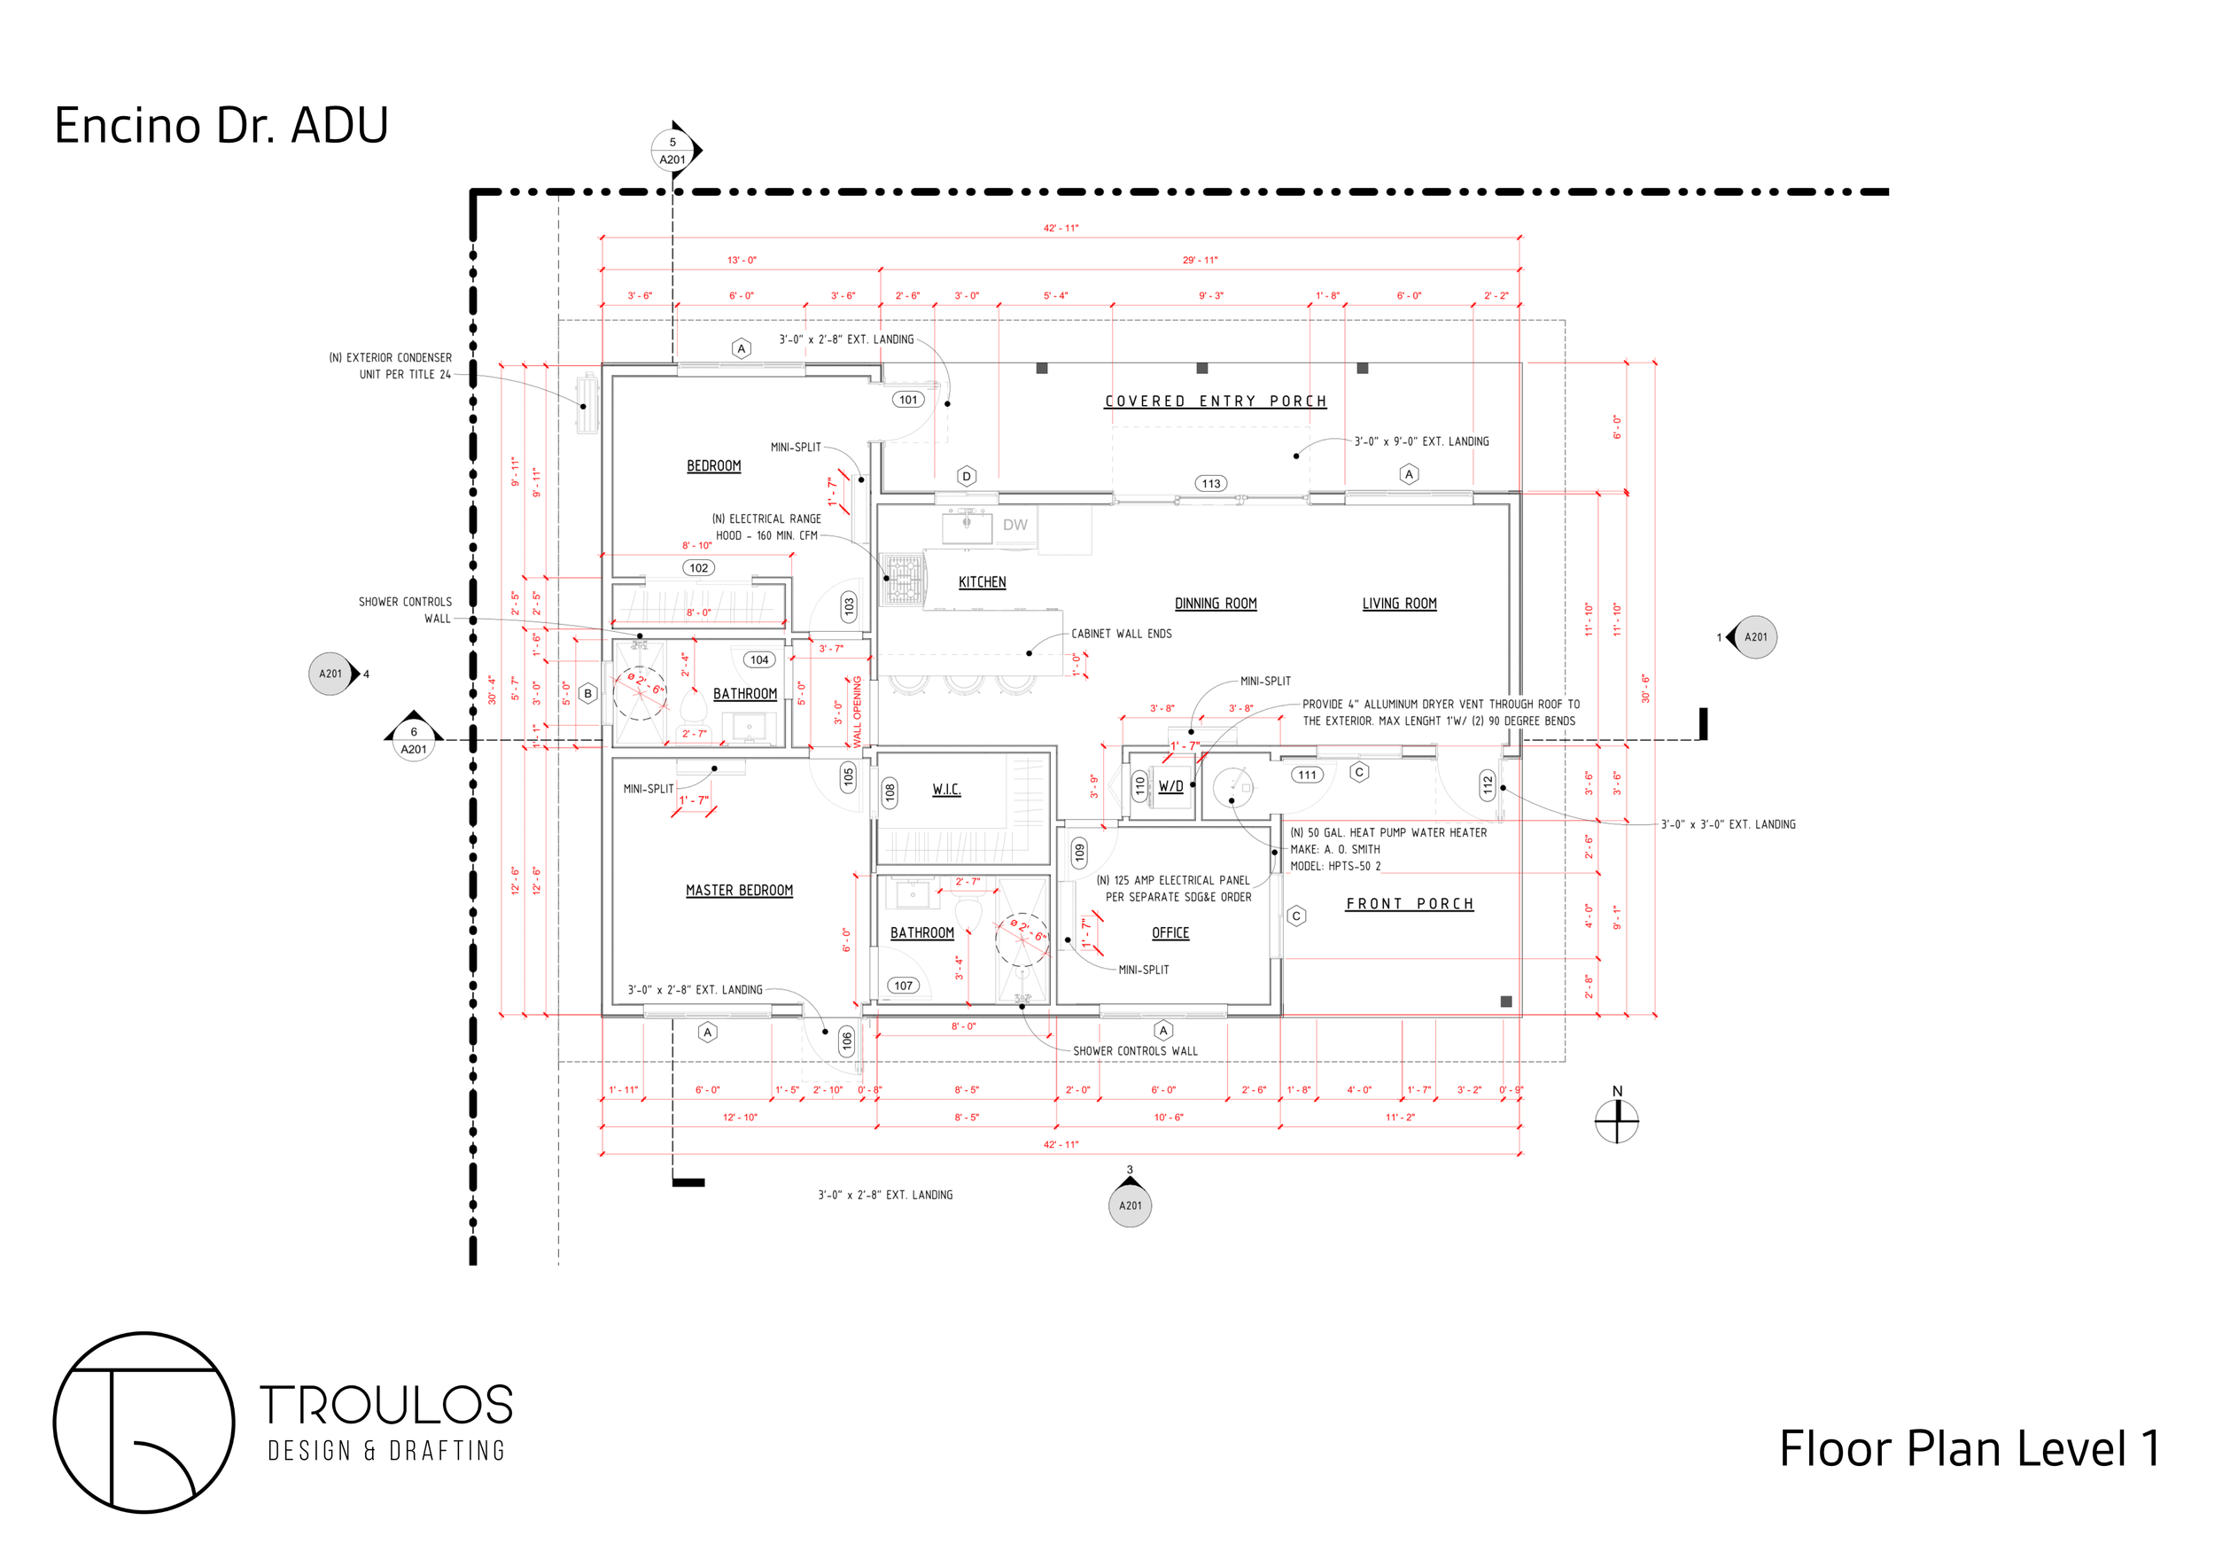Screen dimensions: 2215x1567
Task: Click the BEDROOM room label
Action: coord(714,466)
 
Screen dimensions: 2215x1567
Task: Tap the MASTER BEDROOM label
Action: coord(739,891)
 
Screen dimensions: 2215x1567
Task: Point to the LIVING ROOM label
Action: coord(1399,604)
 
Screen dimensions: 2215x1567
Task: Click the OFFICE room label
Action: coord(1170,933)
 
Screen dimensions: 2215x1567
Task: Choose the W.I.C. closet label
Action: coord(946,790)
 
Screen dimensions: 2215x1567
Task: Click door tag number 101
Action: coord(908,400)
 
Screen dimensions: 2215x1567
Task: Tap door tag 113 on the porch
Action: coord(1211,483)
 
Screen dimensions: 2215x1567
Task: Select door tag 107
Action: coord(903,986)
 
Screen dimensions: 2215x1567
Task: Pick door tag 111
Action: coord(1307,775)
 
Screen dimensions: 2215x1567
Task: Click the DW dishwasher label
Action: coord(1014,525)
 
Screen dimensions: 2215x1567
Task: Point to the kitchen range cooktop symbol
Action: coord(905,578)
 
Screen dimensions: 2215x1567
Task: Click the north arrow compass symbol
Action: coord(1617,1121)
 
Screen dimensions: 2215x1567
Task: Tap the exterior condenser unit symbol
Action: coord(587,403)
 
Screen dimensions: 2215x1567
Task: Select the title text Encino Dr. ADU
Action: coord(221,126)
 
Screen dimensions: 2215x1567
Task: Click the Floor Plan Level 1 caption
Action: coord(1969,1448)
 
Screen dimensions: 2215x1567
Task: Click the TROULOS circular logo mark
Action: coord(144,1423)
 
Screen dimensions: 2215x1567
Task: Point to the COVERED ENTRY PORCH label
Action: coord(1216,401)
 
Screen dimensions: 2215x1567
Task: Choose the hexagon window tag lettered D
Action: coord(967,476)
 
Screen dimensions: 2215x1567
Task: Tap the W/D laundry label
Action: coord(1171,786)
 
